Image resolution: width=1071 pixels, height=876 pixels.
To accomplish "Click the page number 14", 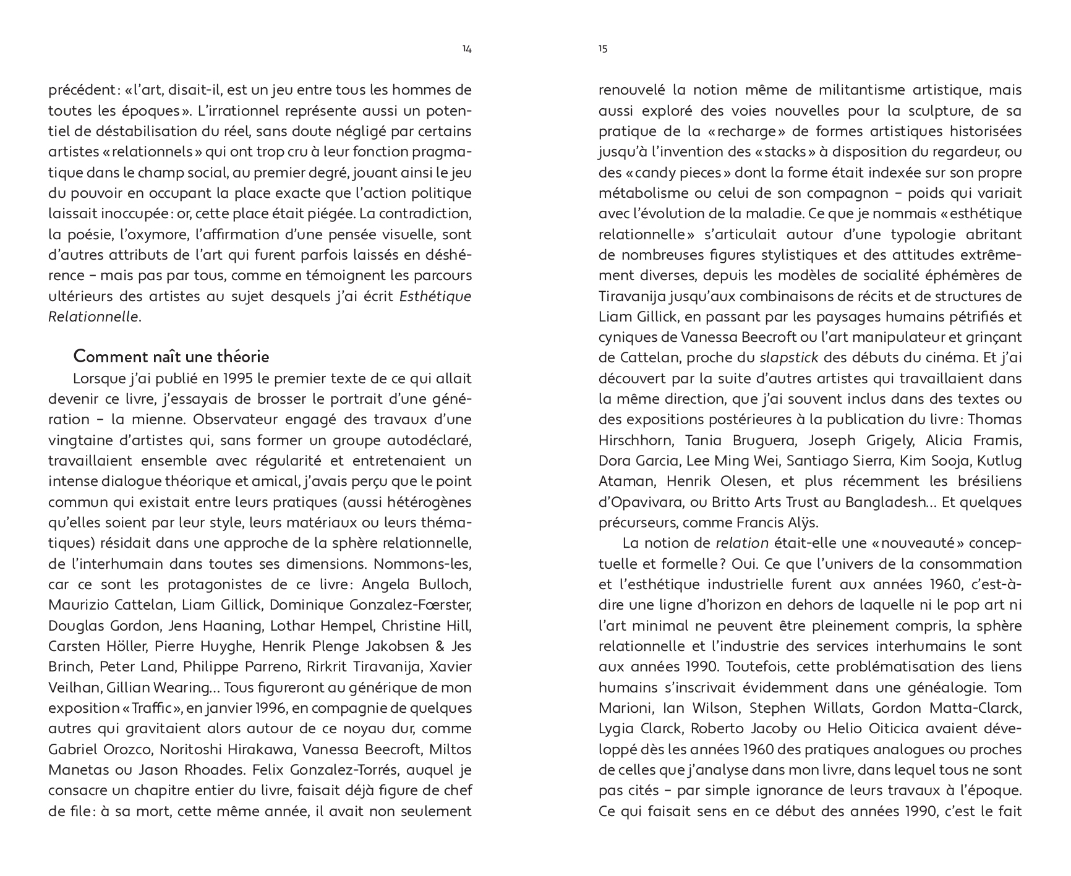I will coord(467,49).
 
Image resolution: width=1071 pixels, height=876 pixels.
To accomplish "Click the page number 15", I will coord(603,49).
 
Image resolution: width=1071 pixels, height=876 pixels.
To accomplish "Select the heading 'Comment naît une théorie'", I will coord(171,357).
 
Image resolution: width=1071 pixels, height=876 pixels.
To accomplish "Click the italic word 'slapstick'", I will coord(788,358).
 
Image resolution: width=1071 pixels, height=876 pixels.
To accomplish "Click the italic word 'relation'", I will coord(741,543).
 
